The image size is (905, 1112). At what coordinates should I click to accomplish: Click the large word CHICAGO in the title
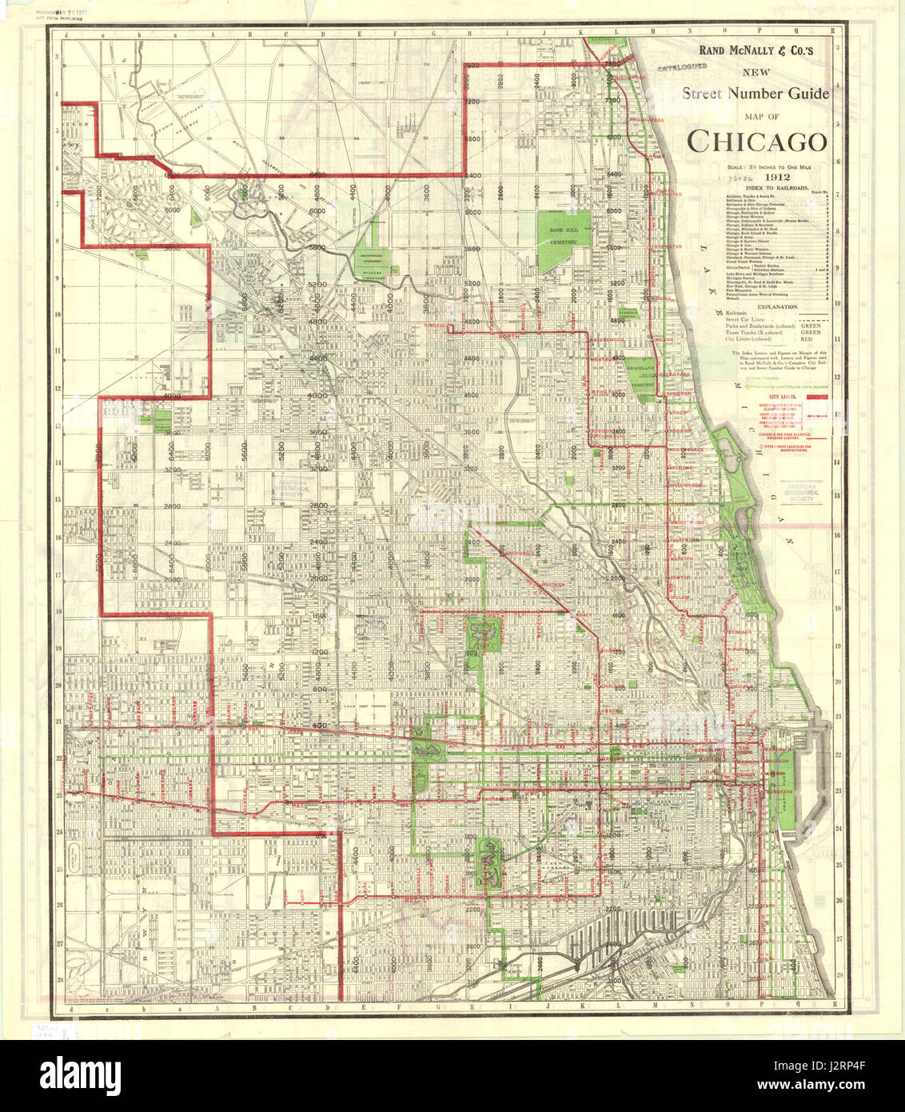(x=756, y=141)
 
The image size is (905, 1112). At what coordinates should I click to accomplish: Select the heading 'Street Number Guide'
(x=755, y=94)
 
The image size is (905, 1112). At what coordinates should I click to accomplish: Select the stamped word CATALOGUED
(x=682, y=70)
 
